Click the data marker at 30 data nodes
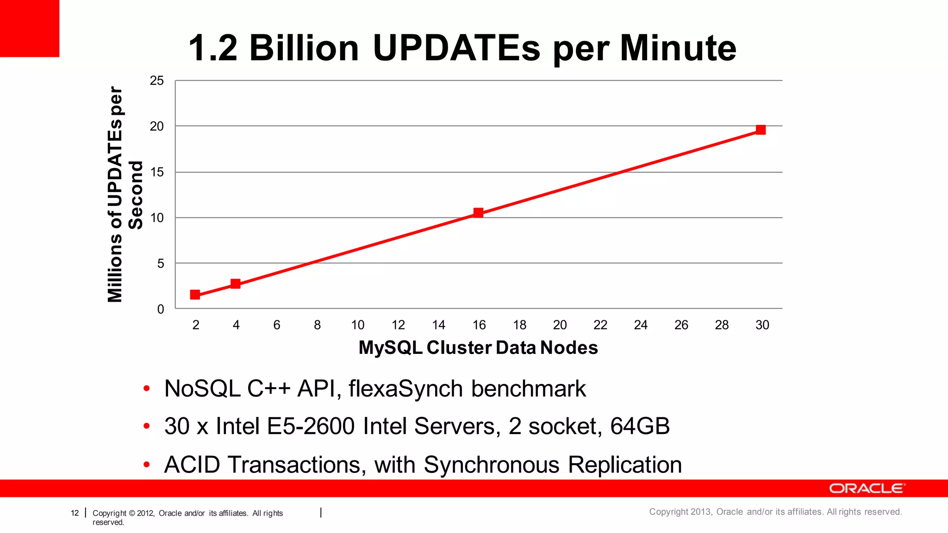point(761,130)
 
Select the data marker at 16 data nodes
point(478,213)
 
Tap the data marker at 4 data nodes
point(236,284)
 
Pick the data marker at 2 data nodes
point(195,295)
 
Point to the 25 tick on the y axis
point(157,81)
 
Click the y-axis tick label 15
point(157,172)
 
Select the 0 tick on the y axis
point(161,309)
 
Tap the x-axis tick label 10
point(357,325)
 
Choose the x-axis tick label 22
point(600,325)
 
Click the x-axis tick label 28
point(721,325)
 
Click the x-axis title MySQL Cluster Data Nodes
point(478,347)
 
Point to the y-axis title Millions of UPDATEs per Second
point(124,194)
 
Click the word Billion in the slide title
point(304,48)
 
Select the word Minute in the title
point(678,48)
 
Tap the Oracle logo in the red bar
point(867,489)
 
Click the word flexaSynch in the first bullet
point(405,389)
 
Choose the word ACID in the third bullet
point(192,465)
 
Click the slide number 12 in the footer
point(75,513)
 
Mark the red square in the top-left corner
point(30,28)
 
